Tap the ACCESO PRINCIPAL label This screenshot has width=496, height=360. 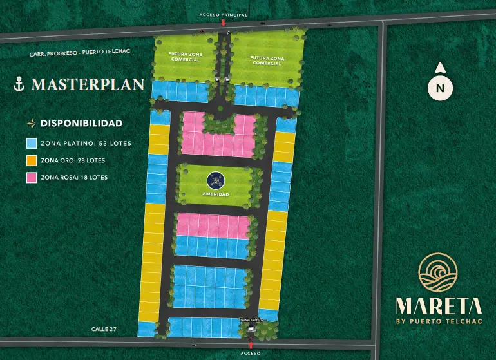223,14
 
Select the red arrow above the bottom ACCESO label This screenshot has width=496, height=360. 250,345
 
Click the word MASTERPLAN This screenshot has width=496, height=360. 87,84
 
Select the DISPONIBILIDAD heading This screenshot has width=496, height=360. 81,122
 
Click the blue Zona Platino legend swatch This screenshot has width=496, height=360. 31,143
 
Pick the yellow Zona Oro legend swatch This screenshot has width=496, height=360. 31,160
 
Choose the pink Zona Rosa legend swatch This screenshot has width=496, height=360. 31,177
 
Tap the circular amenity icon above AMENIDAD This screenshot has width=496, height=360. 215,180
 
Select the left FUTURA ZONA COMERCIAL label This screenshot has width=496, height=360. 186,57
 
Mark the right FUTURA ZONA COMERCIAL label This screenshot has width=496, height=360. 267,60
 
